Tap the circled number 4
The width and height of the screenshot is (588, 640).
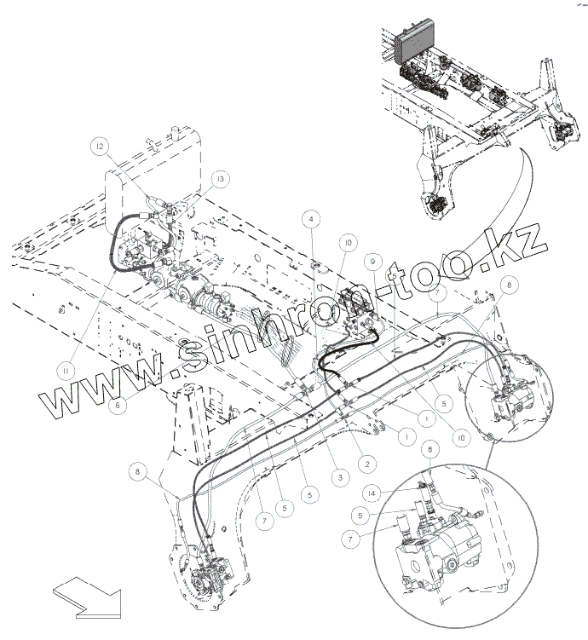(314, 219)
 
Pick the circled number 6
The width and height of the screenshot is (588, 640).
(120, 406)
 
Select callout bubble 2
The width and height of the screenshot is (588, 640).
(366, 464)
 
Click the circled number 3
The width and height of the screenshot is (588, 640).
(339, 478)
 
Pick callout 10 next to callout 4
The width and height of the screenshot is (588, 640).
(348, 242)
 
